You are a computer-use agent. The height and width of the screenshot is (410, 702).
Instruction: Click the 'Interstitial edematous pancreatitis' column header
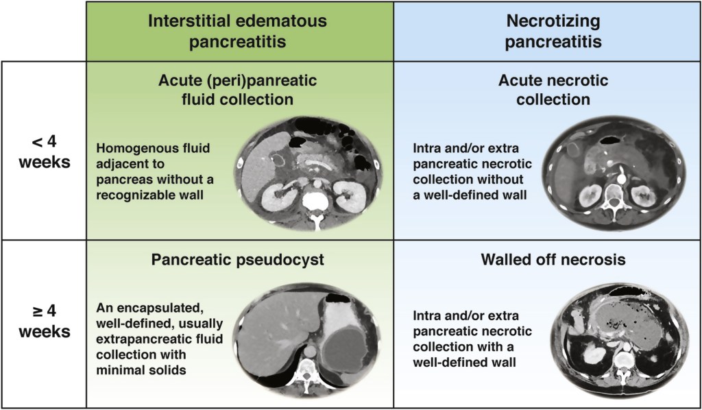click(x=239, y=32)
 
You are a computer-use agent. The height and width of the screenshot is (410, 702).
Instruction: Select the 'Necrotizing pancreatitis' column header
click(x=546, y=32)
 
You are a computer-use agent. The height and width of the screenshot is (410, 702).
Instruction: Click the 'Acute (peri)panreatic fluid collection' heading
click(x=239, y=90)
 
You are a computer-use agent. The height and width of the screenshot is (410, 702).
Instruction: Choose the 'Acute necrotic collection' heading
click(x=546, y=90)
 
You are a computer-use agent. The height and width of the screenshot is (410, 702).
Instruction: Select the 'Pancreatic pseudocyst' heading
click(x=238, y=261)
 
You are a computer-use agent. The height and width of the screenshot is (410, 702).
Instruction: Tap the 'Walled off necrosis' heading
click(x=546, y=261)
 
